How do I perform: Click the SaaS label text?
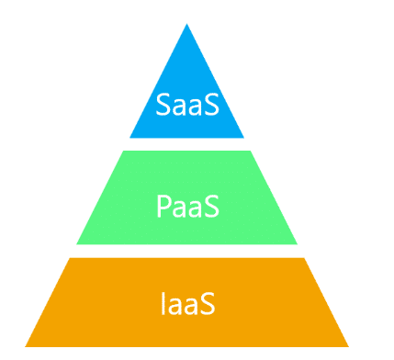coord(187,105)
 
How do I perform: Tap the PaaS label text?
coord(187,205)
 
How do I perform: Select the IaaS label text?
coord(187,302)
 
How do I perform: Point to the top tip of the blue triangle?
coord(187,25)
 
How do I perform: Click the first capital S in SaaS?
coord(163,105)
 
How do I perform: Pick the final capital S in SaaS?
coord(211,105)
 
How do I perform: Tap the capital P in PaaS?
coord(162,205)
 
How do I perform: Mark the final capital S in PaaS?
coord(211,205)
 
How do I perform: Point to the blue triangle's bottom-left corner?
coord(130,137)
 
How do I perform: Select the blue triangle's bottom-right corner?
coord(244,137)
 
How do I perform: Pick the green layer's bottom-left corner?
coord(77,243)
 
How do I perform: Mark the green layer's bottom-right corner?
coord(298,243)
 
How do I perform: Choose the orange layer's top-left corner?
coord(71,259)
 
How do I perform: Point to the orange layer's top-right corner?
coord(304,259)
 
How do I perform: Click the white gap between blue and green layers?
coord(187,144)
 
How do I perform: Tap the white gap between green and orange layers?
coord(187,251)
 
